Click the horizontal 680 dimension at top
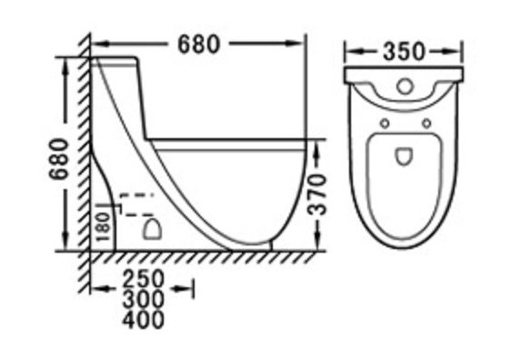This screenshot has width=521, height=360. (199, 45)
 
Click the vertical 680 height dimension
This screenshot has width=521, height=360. (58, 159)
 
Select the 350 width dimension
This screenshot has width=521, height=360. (404, 52)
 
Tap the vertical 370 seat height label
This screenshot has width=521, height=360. (316, 195)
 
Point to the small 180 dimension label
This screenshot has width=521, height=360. (104, 227)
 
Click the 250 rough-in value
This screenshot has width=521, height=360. (144, 278)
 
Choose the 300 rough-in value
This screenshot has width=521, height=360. (144, 299)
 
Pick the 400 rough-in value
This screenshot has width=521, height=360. (144, 319)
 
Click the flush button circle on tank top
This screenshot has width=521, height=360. (405, 86)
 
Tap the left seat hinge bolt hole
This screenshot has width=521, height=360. (385, 124)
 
